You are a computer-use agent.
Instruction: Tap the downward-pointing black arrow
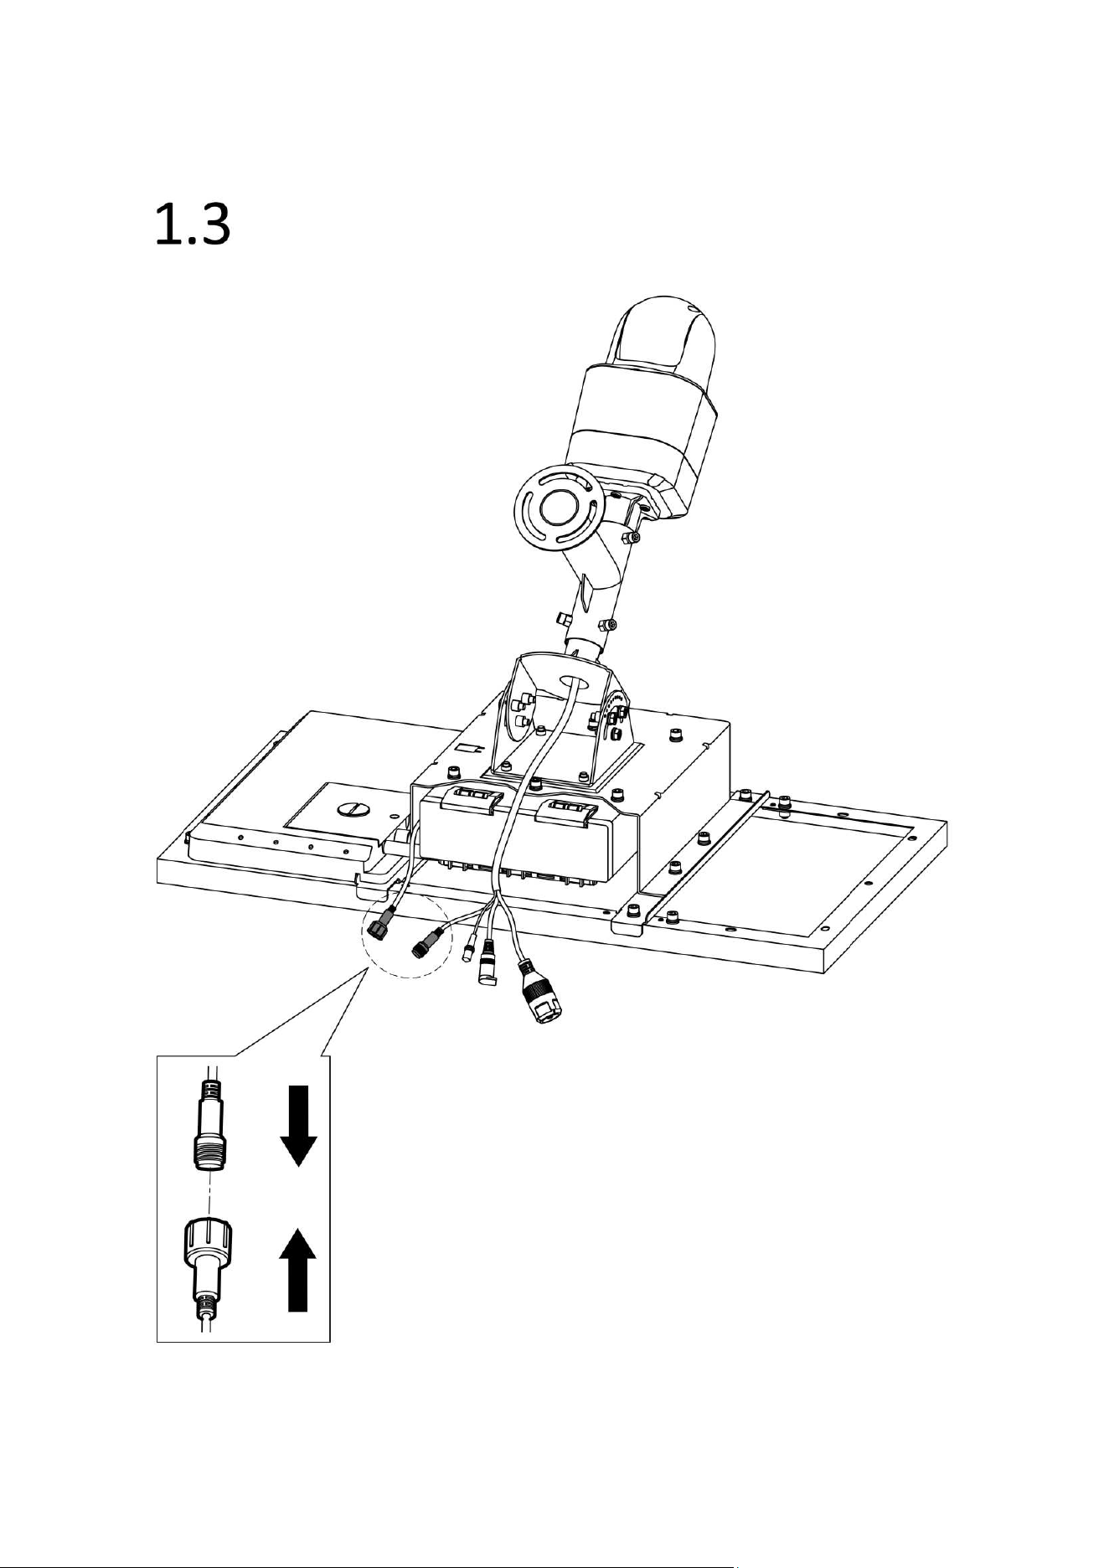297,1126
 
